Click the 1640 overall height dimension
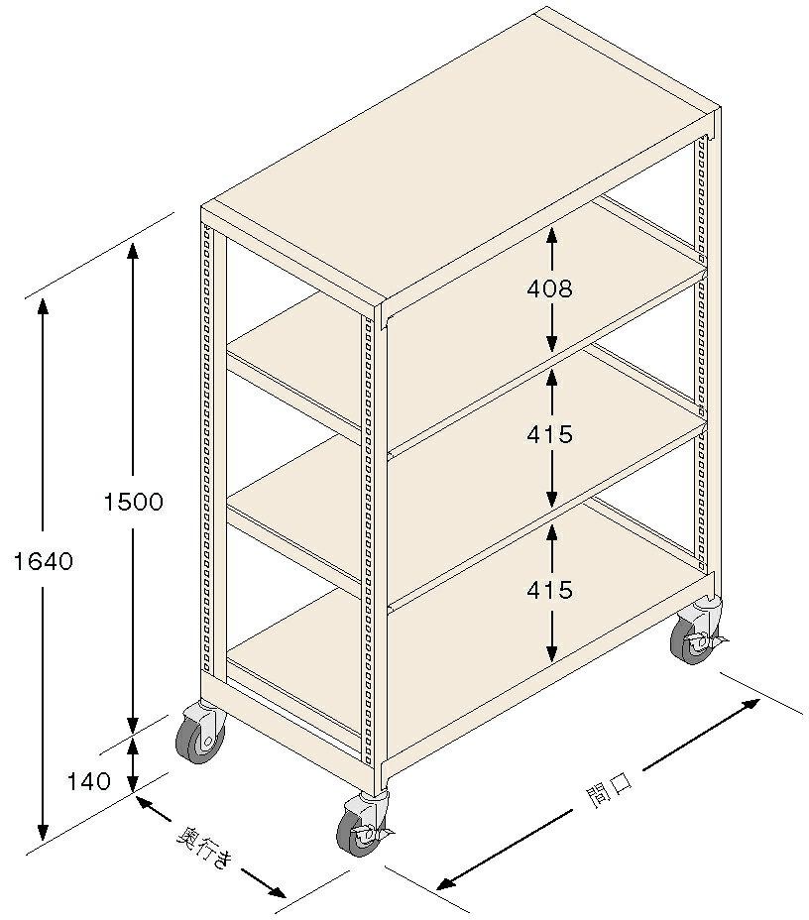coord(43,561)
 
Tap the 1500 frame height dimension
coord(133,502)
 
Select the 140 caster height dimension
coord(88,781)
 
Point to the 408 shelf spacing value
coord(549,288)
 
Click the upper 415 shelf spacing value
coord(549,434)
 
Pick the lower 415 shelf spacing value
coord(549,590)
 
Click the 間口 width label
coord(610,790)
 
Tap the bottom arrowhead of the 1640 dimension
coord(43,831)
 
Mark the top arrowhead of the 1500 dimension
coord(133,250)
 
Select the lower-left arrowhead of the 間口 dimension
coord(447,883)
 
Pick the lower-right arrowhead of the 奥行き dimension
coord(277,890)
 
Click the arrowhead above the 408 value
coord(551,236)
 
